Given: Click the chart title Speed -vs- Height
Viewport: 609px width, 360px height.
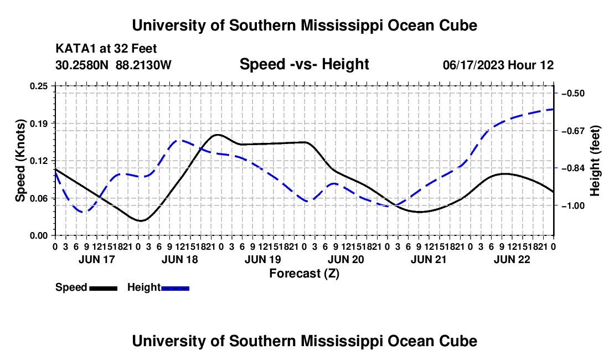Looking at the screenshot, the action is click(x=304, y=64).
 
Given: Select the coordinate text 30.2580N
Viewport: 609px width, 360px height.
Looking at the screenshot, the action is click(x=82, y=65).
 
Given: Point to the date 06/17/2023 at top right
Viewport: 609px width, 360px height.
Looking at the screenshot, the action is click(x=473, y=65).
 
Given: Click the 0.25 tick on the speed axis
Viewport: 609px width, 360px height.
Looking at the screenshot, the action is click(x=39, y=86).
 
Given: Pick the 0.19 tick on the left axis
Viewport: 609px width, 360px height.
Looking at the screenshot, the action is click(x=39, y=124).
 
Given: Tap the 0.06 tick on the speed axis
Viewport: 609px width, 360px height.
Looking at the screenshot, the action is click(x=39, y=198).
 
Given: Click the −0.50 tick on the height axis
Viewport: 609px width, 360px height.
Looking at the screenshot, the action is click(x=573, y=93).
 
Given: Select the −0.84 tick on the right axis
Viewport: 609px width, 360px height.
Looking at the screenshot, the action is click(x=573, y=168).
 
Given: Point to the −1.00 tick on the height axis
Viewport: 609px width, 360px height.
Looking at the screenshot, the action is click(x=573, y=205).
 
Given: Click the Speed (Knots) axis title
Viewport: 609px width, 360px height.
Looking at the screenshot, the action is click(x=20, y=161).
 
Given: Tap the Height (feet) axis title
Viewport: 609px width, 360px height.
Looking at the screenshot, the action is click(x=595, y=161).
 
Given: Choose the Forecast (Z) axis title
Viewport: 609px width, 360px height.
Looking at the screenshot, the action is click(x=304, y=274).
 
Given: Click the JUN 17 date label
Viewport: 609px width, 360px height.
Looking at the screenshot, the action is click(x=97, y=259).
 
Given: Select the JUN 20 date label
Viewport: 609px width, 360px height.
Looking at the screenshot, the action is click(x=345, y=259).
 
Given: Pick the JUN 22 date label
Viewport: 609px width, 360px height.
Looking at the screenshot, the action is click(x=512, y=259).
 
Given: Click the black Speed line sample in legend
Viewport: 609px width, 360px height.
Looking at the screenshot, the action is click(x=104, y=289).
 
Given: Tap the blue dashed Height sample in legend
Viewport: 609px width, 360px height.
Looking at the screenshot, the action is click(x=175, y=289).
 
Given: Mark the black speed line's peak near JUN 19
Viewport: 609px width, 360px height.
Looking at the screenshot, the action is click(x=218, y=135).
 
